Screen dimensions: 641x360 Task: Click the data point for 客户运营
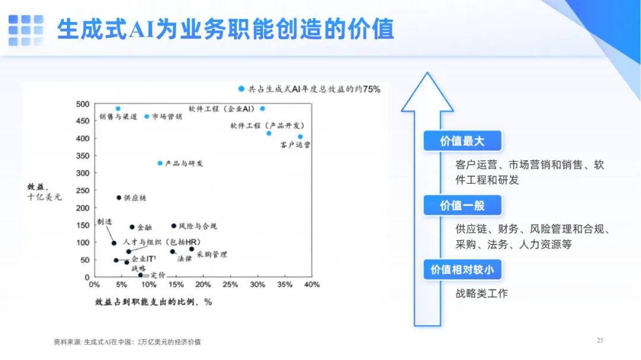[300, 137]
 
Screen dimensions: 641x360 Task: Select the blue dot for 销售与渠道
[118, 109]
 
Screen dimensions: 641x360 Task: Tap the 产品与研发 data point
[160, 163]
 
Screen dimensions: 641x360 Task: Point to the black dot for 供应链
[119, 197]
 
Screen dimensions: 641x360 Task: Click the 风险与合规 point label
[198, 226]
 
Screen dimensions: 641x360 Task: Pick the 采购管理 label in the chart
[212, 254]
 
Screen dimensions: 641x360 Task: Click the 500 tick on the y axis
[82, 104]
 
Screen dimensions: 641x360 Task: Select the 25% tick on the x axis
[230, 285]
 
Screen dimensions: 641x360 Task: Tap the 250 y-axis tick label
[82, 190]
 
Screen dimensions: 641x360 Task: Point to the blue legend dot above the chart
[241, 89]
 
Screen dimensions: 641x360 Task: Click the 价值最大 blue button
[462, 141]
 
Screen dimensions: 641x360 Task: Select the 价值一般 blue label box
[462, 205]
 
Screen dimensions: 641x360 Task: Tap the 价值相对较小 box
[462, 270]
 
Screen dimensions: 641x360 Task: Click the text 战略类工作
[481, 294]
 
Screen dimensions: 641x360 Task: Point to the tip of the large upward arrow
[427, 73]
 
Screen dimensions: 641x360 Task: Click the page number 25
[600, 340]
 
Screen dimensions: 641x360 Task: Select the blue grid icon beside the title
[26, 30]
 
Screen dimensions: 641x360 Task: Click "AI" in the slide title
[141, 30]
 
